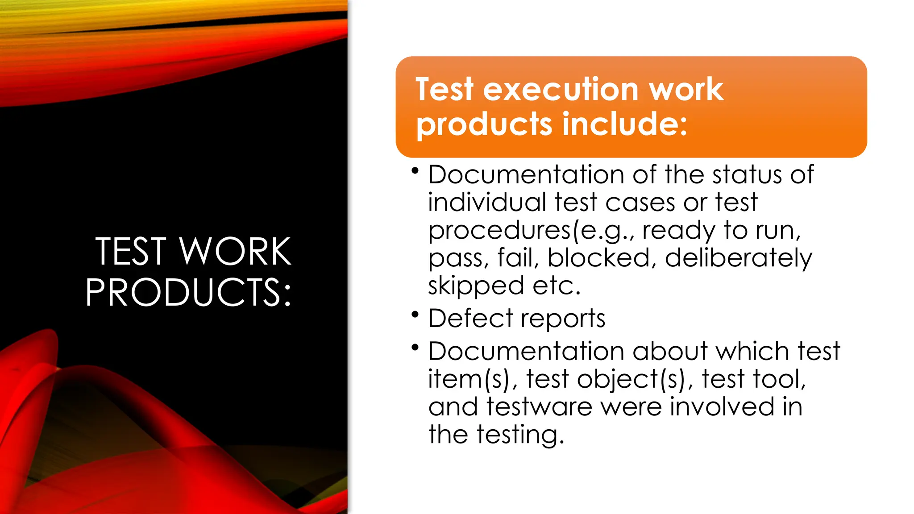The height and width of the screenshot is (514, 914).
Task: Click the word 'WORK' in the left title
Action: pos(235,252)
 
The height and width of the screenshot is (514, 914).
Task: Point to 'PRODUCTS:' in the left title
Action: pos(188,293)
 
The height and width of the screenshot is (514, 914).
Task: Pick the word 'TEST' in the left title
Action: pos(131,252)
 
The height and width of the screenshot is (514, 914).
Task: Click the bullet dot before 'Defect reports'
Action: pos(415,315)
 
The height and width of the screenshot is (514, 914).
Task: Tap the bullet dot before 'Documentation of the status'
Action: pos(415,170)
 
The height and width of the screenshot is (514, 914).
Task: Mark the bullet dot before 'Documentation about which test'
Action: pos(415,347)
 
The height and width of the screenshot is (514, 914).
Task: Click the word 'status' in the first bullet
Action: pos(747,174)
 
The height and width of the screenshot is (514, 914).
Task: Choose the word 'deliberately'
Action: pos(739,259)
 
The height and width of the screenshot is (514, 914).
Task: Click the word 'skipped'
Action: pos(476,286)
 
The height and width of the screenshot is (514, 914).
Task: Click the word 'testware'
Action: pos(539,407)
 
